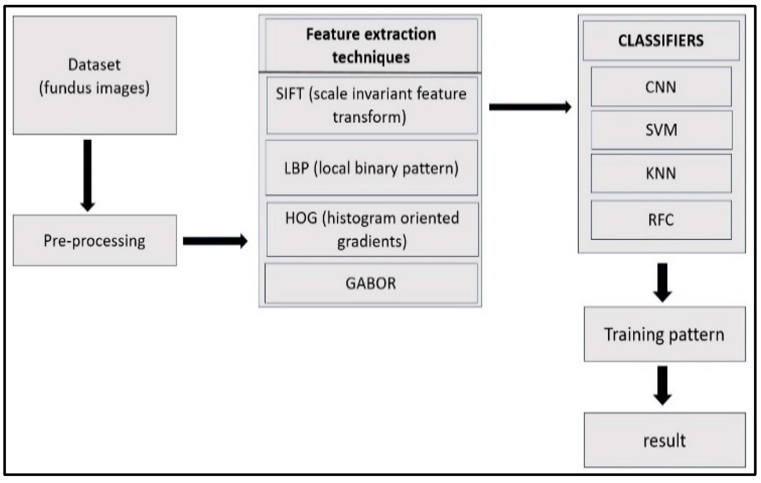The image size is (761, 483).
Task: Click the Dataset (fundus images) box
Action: point(95,75)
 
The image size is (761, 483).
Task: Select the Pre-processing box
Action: point(95,240)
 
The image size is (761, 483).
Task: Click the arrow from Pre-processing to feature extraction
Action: point(214,241)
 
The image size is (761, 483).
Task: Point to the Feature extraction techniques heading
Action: point(371,45)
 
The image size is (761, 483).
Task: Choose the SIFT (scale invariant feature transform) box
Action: point(371,105)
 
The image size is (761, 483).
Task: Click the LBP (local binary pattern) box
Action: point(371,168)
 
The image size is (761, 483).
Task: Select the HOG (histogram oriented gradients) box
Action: point(372,230)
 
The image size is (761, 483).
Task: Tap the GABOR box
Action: point(371,284)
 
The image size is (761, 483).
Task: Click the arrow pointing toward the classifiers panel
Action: point(530,107)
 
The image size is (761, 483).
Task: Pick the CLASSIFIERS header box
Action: point(661,41)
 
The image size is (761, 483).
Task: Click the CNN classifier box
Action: point(661,87)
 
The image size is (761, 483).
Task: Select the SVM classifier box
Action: point(661,130)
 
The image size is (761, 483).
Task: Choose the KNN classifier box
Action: point(661,173)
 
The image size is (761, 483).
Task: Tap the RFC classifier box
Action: point(661,220)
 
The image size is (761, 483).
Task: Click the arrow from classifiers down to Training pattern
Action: point(662,282)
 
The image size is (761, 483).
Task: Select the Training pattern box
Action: point(664,334)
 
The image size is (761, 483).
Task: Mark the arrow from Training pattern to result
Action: point(662,385)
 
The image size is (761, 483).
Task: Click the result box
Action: point(664,440)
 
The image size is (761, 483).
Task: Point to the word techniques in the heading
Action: point(371,58)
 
